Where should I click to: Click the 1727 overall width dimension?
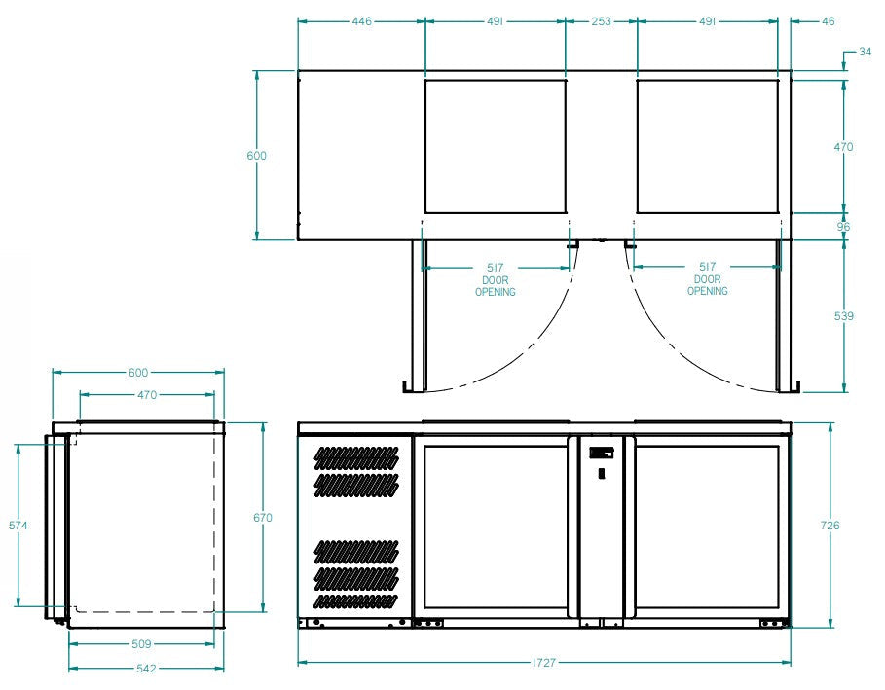(544, 663)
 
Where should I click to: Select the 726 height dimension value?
(830, 526)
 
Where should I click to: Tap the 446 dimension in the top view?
(362, 21)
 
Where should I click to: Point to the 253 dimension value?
(601, 21)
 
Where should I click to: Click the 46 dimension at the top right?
(828, 21)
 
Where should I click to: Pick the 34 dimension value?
(865, 52)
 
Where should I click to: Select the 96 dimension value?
(843, 226)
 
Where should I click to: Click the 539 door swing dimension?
(844, 316)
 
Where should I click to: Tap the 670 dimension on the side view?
(263, 518)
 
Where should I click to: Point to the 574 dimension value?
(18, 526)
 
